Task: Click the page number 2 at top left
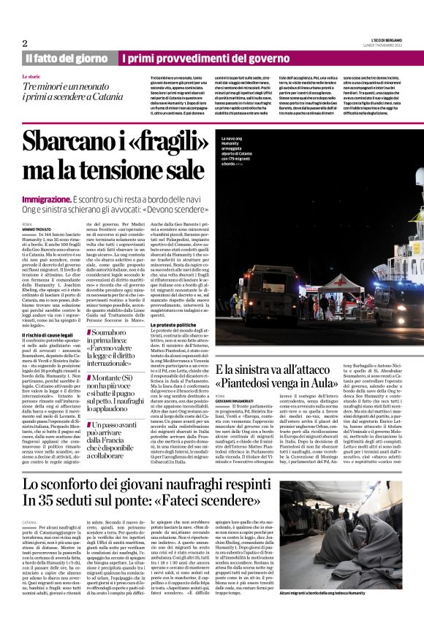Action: (24, 42)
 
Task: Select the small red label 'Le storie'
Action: (31, 77)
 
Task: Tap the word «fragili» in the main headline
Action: (158, 141)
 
